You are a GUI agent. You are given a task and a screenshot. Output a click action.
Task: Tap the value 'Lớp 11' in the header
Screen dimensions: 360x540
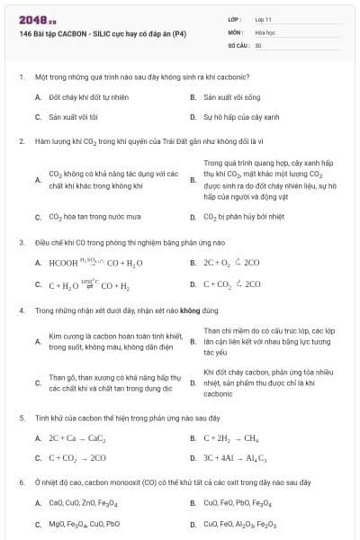click(264, 18)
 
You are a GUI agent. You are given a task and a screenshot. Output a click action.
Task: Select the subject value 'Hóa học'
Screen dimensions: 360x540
click(265, 31)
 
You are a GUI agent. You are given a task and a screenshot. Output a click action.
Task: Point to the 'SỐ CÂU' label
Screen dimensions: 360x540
click(238, 44)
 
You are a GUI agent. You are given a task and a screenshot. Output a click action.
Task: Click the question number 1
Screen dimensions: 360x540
click(21, 76)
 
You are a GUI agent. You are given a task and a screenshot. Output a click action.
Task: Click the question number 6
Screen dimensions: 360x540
click(21, 482)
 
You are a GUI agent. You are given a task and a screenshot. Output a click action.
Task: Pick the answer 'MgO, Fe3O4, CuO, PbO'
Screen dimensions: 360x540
click(84, 524)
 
